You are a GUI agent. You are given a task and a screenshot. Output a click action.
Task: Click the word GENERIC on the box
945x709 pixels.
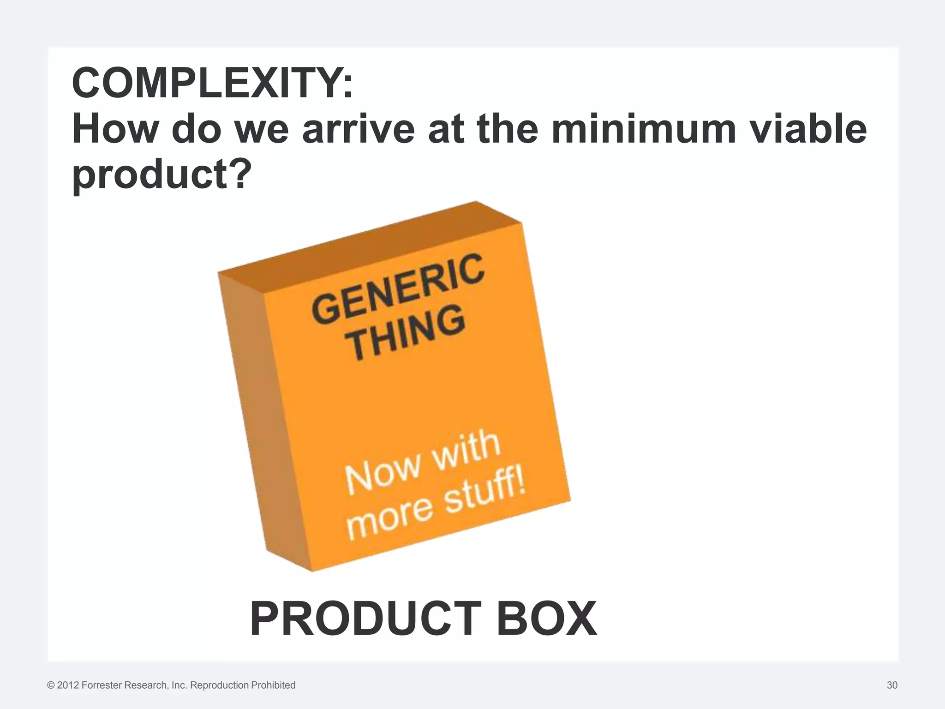pyautogui.click(x=398, y=288)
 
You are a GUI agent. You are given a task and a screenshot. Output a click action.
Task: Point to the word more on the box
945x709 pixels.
pyautogui.click(x=390, y=521)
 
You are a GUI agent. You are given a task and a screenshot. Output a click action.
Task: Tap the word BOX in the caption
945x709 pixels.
pyautogui.click(x=546, y=619)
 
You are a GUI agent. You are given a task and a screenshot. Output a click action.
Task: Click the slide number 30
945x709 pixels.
pyautogui.click(x=892, y=685)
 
